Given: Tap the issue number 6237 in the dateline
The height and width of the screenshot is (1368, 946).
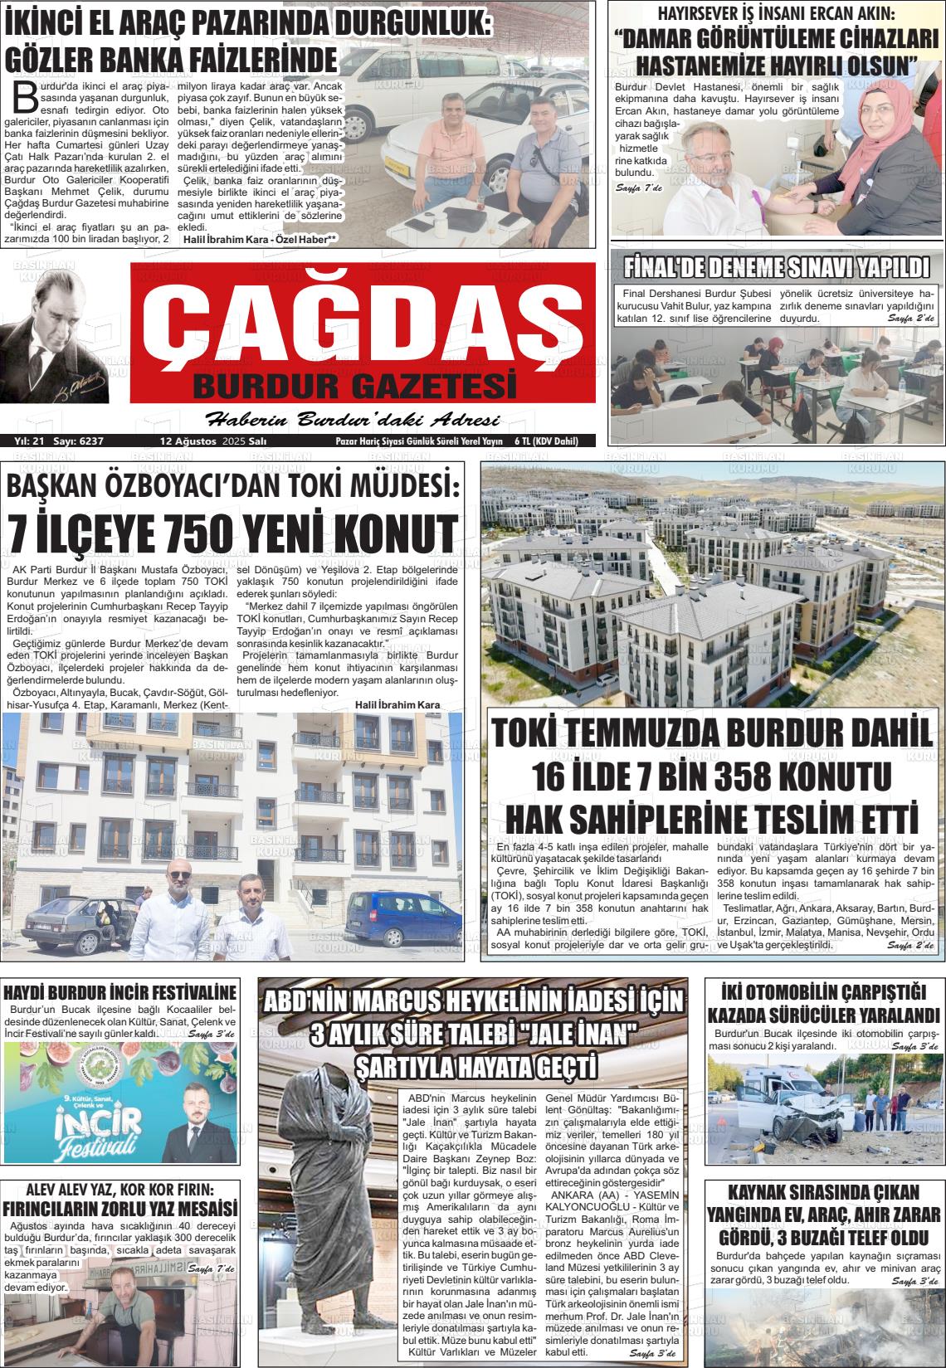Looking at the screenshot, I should tap(90, 441).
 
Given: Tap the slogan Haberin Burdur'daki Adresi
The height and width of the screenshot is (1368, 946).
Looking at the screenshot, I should tap(353, 418).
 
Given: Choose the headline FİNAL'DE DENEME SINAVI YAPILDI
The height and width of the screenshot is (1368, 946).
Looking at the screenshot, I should tap(776, 267).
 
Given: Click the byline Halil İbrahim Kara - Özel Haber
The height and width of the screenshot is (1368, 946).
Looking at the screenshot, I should tap(260, 240).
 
